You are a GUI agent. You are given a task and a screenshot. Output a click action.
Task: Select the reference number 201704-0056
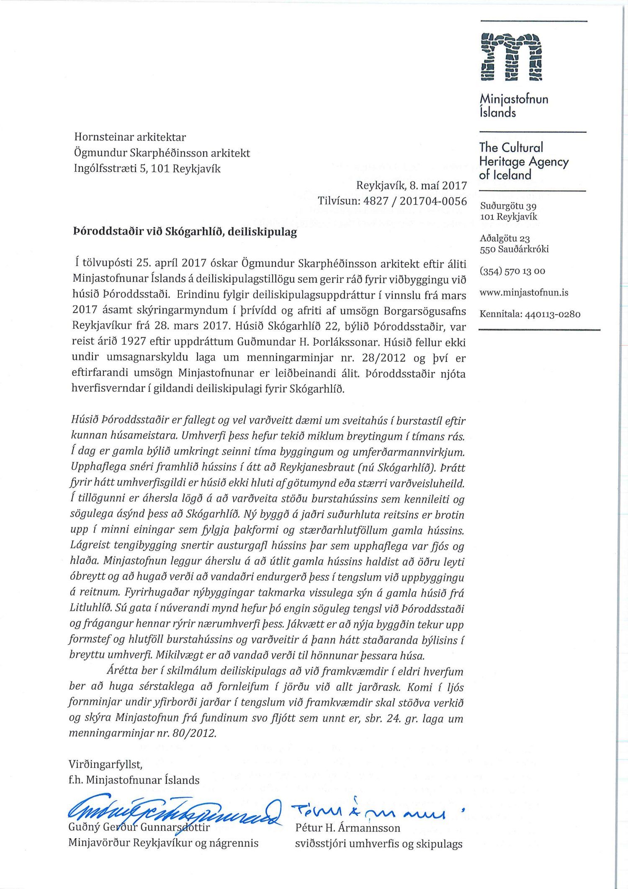click(433, 201)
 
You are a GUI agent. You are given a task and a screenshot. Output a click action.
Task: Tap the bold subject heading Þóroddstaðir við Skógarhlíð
click(185, 232)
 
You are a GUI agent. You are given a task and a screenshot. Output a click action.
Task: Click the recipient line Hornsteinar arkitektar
click(130, 137)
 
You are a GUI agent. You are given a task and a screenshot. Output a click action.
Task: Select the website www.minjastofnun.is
click(524, 292)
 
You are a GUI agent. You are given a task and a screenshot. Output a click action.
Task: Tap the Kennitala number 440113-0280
click(552, 314)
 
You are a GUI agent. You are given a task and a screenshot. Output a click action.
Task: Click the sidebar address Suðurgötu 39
click(508, 206)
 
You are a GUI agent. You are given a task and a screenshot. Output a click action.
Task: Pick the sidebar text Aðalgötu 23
click(504, 239)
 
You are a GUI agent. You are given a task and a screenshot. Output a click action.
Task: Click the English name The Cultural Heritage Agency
click(523, 161)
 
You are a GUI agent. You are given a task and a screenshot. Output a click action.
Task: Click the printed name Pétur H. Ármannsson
click(347, 828)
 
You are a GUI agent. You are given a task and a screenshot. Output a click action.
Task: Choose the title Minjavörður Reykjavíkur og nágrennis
click(163, 843)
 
